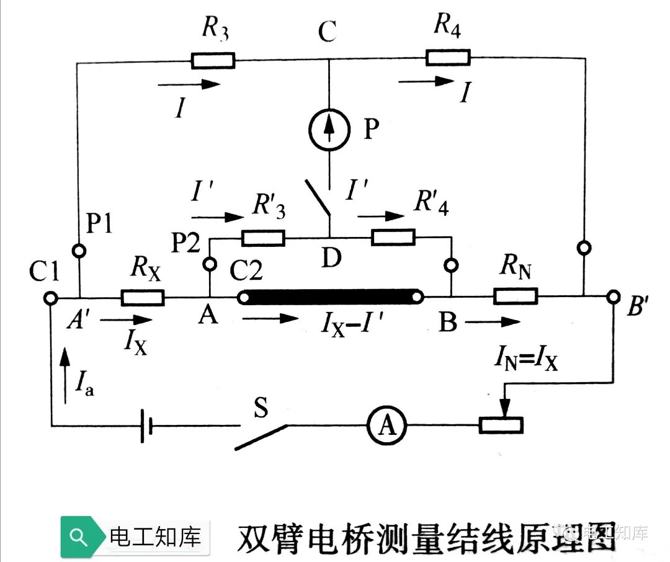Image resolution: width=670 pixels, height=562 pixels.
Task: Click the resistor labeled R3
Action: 212,60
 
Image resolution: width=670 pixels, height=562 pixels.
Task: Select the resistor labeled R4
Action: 447,58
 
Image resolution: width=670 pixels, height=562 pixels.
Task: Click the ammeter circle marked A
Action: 385,426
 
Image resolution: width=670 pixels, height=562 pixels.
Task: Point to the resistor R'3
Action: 263,238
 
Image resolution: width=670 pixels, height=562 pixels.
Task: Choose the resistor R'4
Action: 393,237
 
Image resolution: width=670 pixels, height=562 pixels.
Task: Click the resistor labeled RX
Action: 143,298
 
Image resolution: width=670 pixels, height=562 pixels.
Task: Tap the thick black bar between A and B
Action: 333,297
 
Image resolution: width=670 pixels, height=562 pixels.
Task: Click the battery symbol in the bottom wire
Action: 146,426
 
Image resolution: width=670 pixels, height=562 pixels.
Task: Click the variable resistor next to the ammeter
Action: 502,425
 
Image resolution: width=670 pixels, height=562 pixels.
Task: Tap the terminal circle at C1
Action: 50,298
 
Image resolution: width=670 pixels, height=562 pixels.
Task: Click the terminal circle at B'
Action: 614,297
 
